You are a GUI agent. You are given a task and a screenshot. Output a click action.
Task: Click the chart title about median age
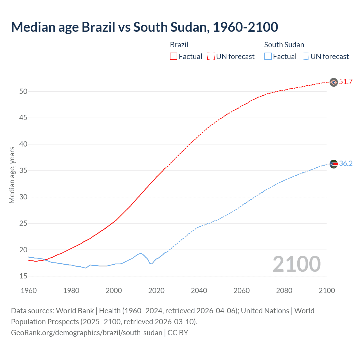[145, 27]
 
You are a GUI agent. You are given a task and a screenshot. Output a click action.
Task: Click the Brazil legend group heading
[179, 45]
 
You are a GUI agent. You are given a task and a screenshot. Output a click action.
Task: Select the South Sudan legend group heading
[284, 45]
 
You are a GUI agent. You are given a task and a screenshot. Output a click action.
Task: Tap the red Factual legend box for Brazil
[174, 57]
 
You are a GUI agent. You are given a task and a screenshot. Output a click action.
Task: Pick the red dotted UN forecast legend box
[211, 57]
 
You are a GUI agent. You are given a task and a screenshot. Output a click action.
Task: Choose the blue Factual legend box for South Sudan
[268, 57]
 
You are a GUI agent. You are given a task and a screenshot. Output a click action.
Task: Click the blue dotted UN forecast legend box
[305, 57]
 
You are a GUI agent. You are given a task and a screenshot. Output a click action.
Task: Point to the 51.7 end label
[346, 82]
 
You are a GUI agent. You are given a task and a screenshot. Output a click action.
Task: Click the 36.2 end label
[346, 164]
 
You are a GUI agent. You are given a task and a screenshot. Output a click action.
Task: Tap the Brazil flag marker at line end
[334, 82]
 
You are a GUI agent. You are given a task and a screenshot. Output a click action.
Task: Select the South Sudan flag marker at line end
[334, 164]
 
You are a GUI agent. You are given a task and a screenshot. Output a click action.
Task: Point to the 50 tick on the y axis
[23, 91]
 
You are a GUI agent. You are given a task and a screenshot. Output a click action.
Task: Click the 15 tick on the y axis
[23, 276]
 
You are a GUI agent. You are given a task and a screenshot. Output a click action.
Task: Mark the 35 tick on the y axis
[23, 171]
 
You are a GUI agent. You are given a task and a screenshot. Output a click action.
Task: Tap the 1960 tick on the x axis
[29, 291]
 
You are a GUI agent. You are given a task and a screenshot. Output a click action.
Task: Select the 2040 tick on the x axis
[199, 291]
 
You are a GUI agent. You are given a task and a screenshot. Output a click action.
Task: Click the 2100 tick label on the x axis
[327, 291]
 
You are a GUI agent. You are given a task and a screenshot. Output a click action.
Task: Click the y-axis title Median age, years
[12, 175]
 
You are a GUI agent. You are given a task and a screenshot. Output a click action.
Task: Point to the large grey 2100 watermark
[296, 264]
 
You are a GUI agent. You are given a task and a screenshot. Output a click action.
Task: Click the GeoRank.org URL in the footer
[87, 333]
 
